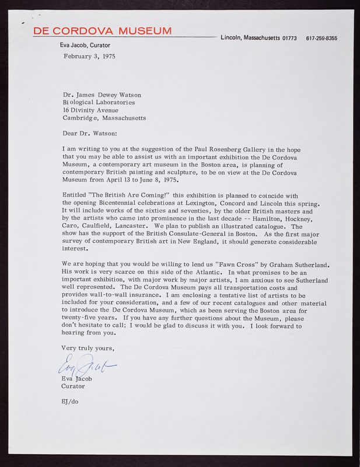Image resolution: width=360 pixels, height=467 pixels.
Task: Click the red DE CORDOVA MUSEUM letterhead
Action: (x=102, y=31)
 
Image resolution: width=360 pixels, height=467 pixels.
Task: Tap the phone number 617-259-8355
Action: (x=321, y=39)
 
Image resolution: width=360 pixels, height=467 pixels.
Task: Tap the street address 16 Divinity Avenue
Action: (x=90, y=110)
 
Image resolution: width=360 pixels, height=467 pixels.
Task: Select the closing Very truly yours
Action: (x=88, y=348)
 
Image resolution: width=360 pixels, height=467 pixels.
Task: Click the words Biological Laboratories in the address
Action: (x=99, y=102)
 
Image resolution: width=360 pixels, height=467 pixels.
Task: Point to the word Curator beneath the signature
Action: (x=73, y=386)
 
